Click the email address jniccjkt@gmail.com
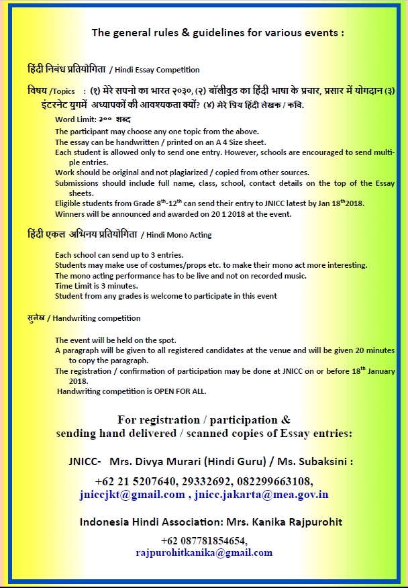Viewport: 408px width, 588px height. point(132,495)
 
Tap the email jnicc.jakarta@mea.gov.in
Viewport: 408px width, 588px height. point(261,495)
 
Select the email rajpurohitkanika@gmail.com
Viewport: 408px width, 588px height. point(204,552)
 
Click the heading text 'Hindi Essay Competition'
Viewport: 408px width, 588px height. point(156,70)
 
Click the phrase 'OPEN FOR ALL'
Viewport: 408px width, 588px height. point(177,391)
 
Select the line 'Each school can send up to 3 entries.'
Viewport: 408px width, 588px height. point(119,255)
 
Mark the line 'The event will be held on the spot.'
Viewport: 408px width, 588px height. point(115,340)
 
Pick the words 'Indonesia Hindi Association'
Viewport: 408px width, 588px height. point(143,522)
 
